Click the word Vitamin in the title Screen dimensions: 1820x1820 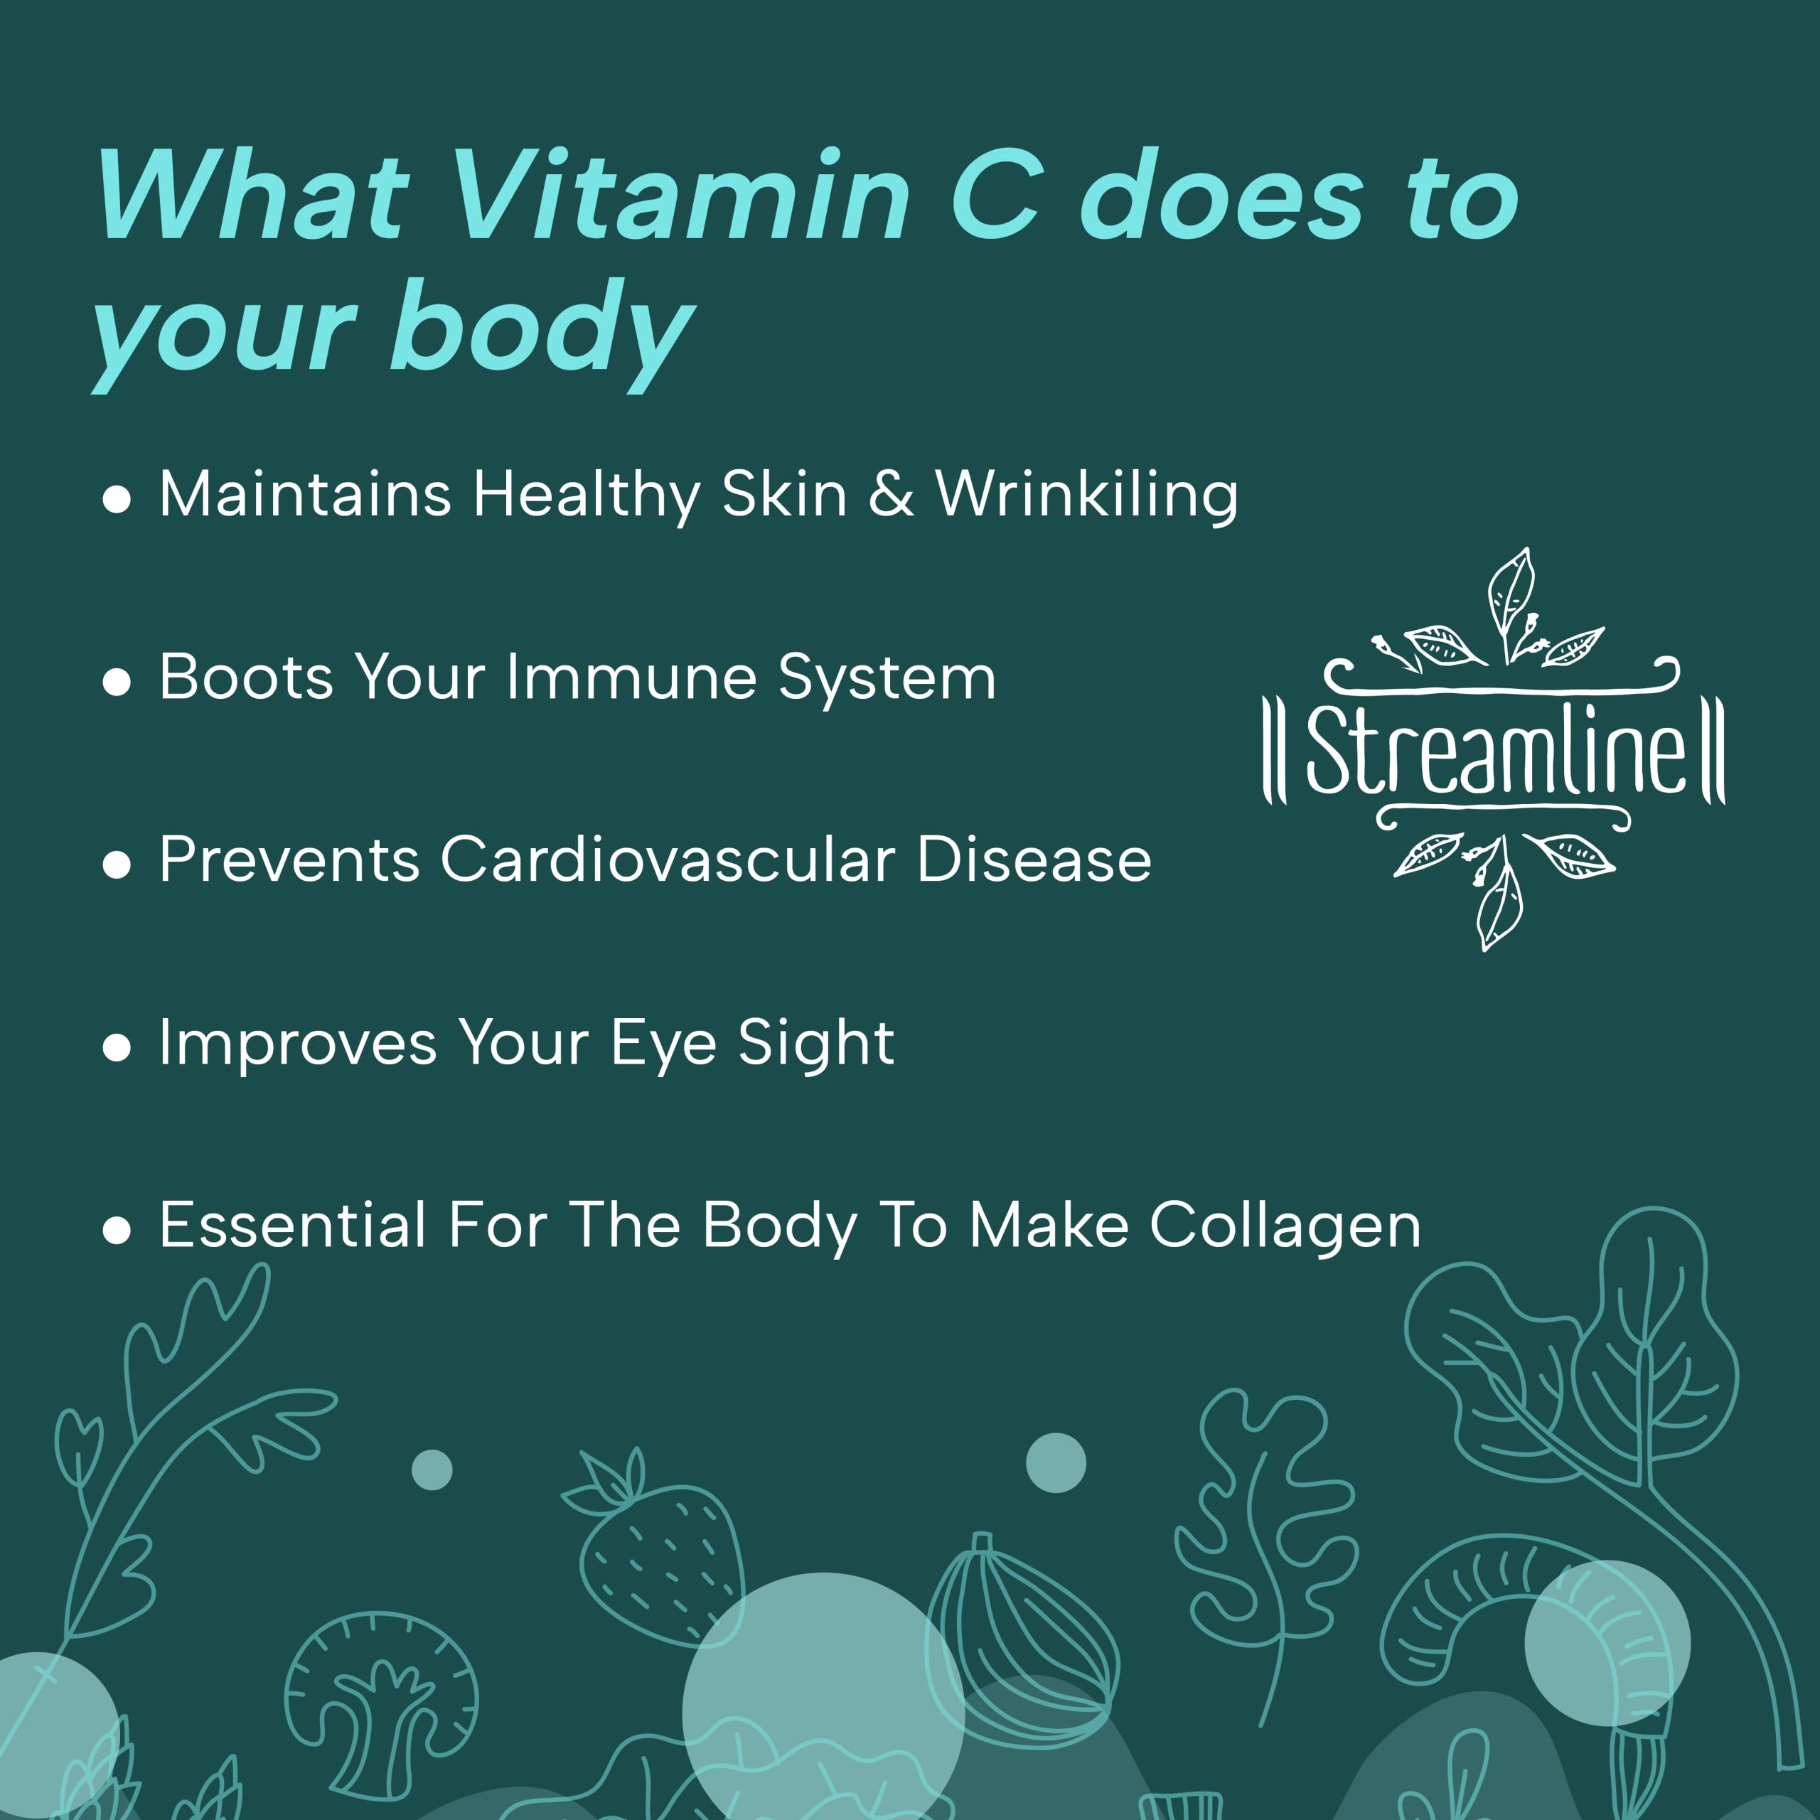[x=680, y=195]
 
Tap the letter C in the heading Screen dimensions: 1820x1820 [x=997, y=194]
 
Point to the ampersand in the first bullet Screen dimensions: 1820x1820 [x=891, y=495]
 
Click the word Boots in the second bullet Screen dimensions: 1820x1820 [x=247, y=678]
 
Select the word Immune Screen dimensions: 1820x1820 [x=631, y=678]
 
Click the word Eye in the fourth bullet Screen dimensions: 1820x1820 [x=663, y=1044]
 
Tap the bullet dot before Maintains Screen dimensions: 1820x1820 [x=116, y=499]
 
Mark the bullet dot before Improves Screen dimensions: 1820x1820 [x=116, y=1049]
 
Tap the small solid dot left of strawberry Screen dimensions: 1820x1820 [x=432, y=1470]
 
